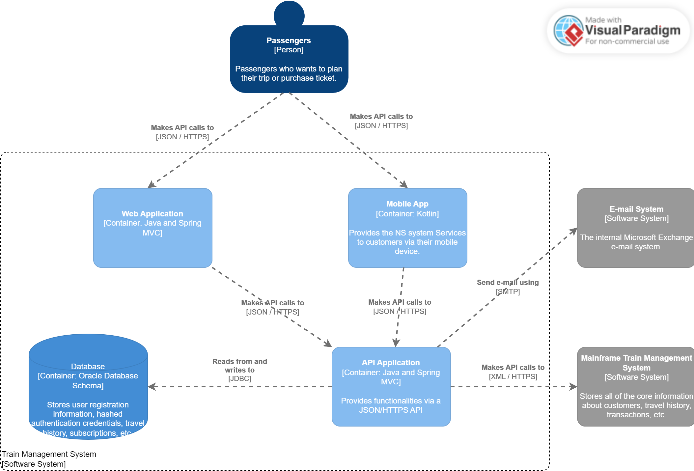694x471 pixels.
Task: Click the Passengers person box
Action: (289, 59)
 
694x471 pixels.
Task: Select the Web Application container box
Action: (153, 228)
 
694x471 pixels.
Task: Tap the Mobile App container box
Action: (407, 228)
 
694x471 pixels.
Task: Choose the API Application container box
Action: (391, 386)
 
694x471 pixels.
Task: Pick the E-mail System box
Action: (636, 228)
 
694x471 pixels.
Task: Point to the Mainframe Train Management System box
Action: (636, 386)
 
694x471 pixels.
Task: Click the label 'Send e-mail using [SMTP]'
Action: (508, 287)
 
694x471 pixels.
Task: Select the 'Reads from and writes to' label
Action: (239, 366)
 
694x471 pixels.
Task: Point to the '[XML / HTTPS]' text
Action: (513, 376)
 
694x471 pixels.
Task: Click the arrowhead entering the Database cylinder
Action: (152, 387)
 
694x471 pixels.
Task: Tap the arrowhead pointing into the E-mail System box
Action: (574, 231)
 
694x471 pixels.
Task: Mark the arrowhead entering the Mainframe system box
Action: (573, 387)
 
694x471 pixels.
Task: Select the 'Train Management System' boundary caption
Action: (49, 454)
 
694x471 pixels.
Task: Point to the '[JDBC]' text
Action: (239, 379)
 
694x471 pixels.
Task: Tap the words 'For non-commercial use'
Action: (627, 42)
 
